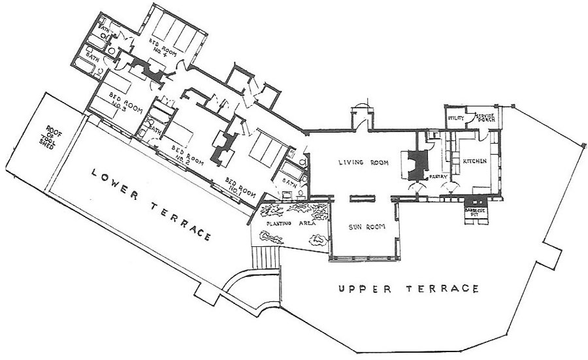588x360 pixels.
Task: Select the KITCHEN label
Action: point(475,161)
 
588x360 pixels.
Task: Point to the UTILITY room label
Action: point(455,118)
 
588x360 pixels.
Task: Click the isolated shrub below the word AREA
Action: point(316,240)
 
